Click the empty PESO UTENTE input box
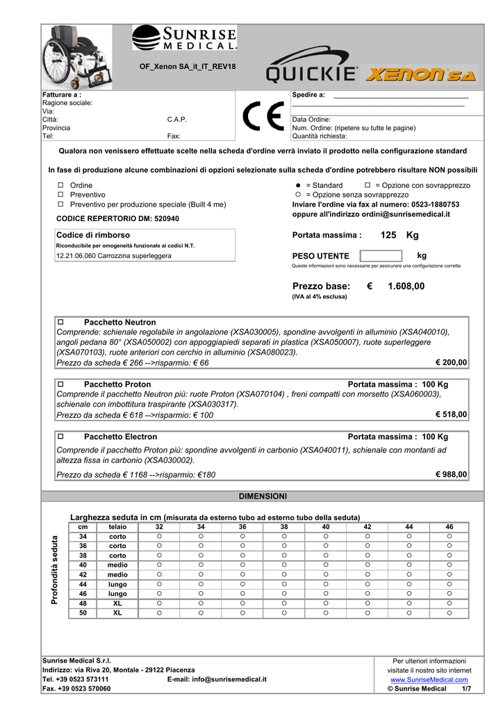(x=381, y=256)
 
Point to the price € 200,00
(x=451, y=363)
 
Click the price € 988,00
(x=451, y=474)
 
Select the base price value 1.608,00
(x=406, y=286)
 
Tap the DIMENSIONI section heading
(x=263, y=496)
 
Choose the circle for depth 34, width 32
(x=159, y=536)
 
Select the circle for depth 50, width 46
(x=450, y=613)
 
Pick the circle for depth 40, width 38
(x=284, y=565)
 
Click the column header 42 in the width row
(x=368, y=527)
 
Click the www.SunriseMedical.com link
(x=429, y=679)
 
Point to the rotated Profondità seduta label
(x=56, y=570)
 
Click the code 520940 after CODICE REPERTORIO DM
(x=165, y=218)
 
